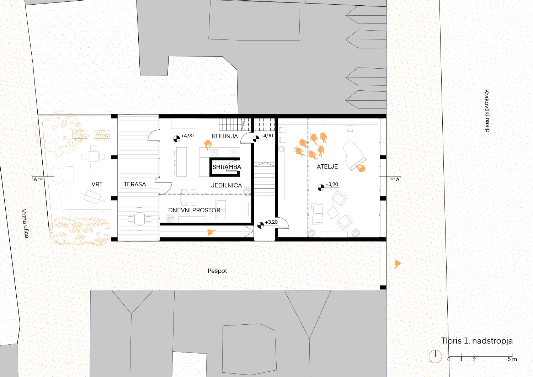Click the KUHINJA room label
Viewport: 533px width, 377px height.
225,136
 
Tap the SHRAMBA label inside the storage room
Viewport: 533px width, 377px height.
226,167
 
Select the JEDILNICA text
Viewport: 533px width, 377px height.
226,185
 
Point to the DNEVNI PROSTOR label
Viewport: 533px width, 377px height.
194,211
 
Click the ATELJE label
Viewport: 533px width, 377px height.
327,166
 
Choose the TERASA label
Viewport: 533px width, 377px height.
135,185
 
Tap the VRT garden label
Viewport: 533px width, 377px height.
97,185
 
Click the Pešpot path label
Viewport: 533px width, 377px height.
217,271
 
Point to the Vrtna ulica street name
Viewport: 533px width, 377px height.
25,223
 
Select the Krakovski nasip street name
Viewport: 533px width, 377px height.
487,111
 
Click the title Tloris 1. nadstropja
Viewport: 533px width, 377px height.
477,341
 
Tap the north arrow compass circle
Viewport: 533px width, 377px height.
435,356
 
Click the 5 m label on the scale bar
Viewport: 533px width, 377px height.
512,359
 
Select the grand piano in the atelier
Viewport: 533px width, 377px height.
355,156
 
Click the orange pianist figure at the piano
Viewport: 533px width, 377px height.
361,168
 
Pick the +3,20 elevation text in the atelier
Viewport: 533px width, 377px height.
332,185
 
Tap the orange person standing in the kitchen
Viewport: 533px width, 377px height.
208,145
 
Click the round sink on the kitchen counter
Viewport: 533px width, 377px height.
233,153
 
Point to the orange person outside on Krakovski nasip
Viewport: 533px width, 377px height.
397,264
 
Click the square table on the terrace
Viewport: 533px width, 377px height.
139,219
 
